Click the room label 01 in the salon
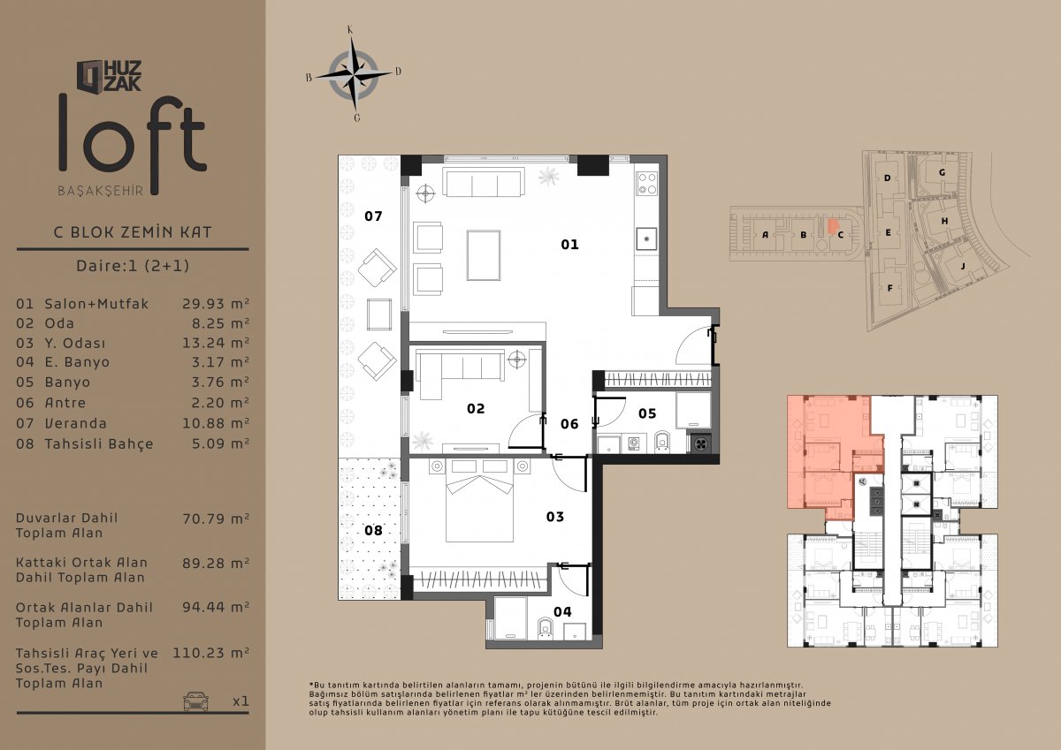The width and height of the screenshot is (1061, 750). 569,244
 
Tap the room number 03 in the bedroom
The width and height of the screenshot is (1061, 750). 554,516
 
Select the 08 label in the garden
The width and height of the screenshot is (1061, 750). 373,530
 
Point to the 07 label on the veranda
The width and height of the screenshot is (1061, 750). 373,216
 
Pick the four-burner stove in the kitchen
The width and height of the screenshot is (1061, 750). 647,184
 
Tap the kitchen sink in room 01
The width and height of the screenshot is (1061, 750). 646,239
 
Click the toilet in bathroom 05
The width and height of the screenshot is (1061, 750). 662,441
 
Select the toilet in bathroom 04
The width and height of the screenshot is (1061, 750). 546,628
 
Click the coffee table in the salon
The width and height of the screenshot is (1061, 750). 484,255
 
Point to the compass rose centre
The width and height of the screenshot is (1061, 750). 354,74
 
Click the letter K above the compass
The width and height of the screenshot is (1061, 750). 350,30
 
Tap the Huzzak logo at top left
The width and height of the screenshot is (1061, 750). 109,76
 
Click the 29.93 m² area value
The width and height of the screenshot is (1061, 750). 216,303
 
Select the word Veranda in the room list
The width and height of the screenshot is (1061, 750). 76,423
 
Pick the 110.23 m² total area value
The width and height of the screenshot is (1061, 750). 210,653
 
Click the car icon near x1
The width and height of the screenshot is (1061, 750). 196,701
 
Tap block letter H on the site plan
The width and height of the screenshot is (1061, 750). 944,221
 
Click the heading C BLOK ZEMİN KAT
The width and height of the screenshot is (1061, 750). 133,231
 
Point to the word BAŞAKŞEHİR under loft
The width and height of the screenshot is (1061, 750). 101,191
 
